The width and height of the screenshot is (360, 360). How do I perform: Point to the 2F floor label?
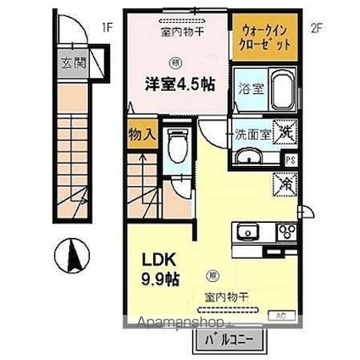[x=317, y=25]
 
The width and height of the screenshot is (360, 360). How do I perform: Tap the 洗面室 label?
[x=252, y=132]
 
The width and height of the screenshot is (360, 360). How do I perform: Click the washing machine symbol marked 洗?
[x=286, y=132]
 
